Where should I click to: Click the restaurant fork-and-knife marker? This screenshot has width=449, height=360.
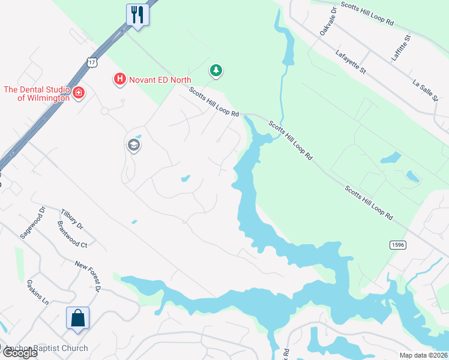point(137,14)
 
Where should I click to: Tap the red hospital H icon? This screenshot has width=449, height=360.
point(119,79)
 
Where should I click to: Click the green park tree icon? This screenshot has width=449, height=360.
point(215,71)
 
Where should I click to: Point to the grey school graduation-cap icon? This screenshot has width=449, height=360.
point(133,145)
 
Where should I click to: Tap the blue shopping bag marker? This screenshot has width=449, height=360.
point(78,318)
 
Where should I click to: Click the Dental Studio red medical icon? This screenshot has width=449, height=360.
point(79,93)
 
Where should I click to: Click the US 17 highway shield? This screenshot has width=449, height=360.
point(91,62)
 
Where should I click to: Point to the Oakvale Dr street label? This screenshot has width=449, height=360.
point(328,22)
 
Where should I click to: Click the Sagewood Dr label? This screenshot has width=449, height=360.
point(33,223)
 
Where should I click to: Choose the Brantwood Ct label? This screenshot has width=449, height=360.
point(72,235)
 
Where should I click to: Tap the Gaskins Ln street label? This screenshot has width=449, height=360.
point(38,292)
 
